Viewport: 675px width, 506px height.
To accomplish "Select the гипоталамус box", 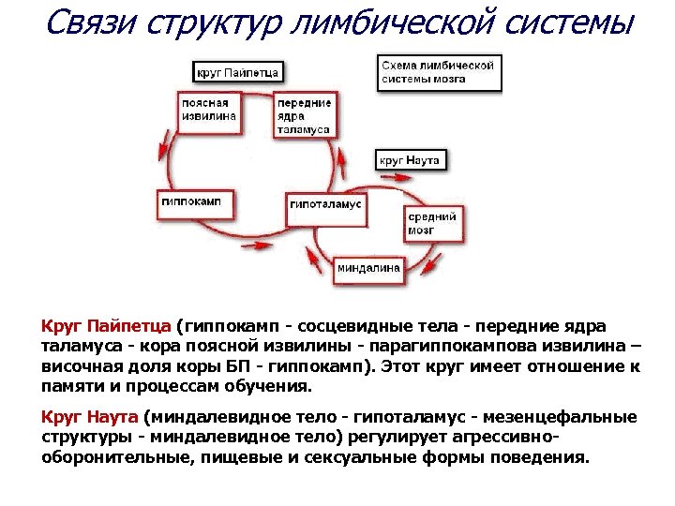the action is (325, 203).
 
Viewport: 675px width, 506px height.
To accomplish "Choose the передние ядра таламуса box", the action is (304, 115).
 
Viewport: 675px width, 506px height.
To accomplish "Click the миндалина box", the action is (368, 268).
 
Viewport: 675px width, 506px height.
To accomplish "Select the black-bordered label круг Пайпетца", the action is (237, 71).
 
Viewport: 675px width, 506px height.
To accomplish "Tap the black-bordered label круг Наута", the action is (409, 160).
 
